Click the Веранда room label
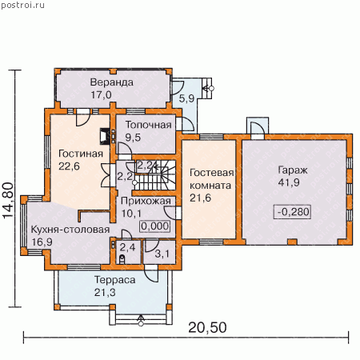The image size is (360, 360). [x=112, y=82]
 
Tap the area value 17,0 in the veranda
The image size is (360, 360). [x=101, y=94]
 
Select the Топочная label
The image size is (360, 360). [x=149, y=125]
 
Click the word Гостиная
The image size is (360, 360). [x=81, y=154]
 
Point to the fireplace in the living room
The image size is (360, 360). [x=105, y=137]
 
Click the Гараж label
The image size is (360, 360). [x=293, y=170]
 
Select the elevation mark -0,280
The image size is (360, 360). [x=294, y=212]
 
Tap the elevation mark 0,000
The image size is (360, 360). [x=155, y=226]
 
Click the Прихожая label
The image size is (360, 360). [x=146, y=201]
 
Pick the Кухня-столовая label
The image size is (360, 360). [x=70, y=230]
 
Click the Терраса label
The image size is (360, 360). [x=114, y=280]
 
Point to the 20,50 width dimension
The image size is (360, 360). [x=207, y=327]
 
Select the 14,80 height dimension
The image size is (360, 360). [x=8, y=201]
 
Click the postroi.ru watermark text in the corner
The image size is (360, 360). [x=22, y=6]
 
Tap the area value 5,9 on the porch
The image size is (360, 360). [x=186, y=98]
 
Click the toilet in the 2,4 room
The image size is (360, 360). [x=122, y=259]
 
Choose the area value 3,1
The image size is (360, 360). [x=162, y=254]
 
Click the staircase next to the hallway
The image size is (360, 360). [x=154, y=174]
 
